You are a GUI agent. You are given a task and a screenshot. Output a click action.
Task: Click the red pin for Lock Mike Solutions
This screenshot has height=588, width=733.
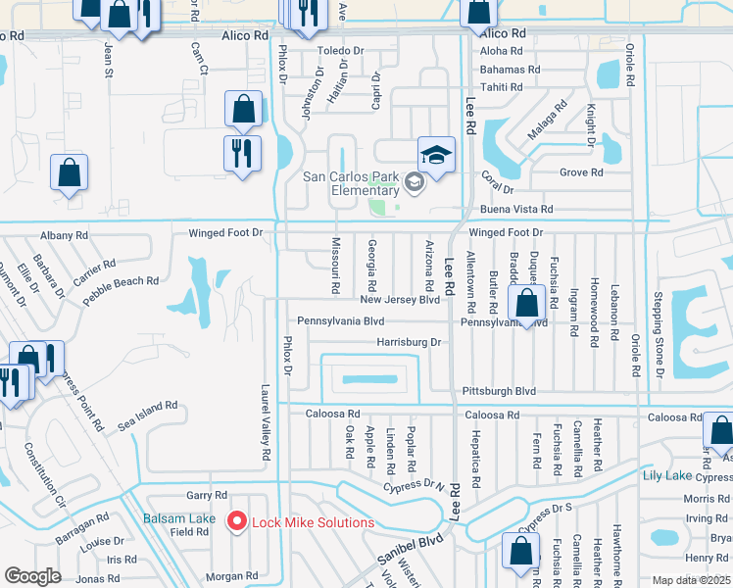(235, 520)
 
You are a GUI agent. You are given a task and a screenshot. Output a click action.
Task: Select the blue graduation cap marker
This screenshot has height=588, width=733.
(436, 154)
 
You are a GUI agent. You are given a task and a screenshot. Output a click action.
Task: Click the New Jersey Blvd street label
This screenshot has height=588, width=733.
(399, 300)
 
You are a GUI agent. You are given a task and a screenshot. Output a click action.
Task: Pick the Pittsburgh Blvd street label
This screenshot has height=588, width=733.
(499, 390)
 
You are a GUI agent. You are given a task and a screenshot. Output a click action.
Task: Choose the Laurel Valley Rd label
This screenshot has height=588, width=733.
(266, 422)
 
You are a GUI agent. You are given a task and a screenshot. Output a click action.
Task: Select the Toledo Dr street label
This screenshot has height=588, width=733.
(339, 50)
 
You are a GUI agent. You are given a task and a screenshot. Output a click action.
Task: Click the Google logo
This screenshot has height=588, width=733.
(32, 576)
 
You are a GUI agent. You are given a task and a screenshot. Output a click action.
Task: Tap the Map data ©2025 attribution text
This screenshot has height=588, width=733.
(692, 580)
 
